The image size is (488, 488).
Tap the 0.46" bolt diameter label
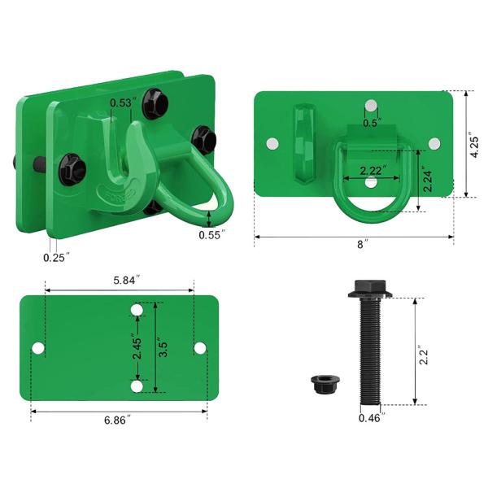pos(371,418)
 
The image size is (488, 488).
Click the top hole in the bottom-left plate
pos(137,311)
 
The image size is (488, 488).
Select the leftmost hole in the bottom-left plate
pos(38,348)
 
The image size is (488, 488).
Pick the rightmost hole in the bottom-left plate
pos(200,348)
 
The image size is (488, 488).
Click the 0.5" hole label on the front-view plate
pos(372,123)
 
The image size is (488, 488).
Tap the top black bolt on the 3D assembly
pos(153,102)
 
